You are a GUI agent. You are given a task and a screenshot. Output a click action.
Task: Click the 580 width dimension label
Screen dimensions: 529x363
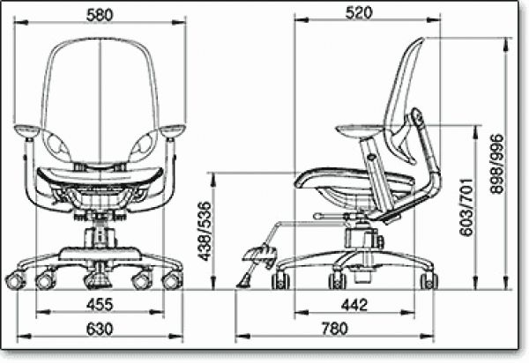(x=100, y=15)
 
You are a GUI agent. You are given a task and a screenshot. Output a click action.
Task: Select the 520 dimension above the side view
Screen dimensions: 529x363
(x=359, y=13)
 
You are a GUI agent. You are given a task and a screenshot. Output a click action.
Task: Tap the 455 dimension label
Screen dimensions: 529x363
(x=100, y=305)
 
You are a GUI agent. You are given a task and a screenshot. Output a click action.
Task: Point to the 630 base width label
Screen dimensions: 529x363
(x=100, y=329)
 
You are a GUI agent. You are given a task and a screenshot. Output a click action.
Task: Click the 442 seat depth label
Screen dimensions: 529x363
(x=354, y=305)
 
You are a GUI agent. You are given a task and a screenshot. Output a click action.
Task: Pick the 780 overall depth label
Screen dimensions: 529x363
(x=334, y=329)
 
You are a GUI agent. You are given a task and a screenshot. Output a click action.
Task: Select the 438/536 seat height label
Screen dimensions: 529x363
(x=205, y=231)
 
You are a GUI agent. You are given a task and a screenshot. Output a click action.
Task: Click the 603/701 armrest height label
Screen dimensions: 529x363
(x=467, y=207)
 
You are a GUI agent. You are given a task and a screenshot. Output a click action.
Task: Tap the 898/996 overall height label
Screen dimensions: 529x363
(x=496, y=164)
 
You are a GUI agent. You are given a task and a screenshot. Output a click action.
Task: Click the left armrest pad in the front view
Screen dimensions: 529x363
(x=27, y=130)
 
